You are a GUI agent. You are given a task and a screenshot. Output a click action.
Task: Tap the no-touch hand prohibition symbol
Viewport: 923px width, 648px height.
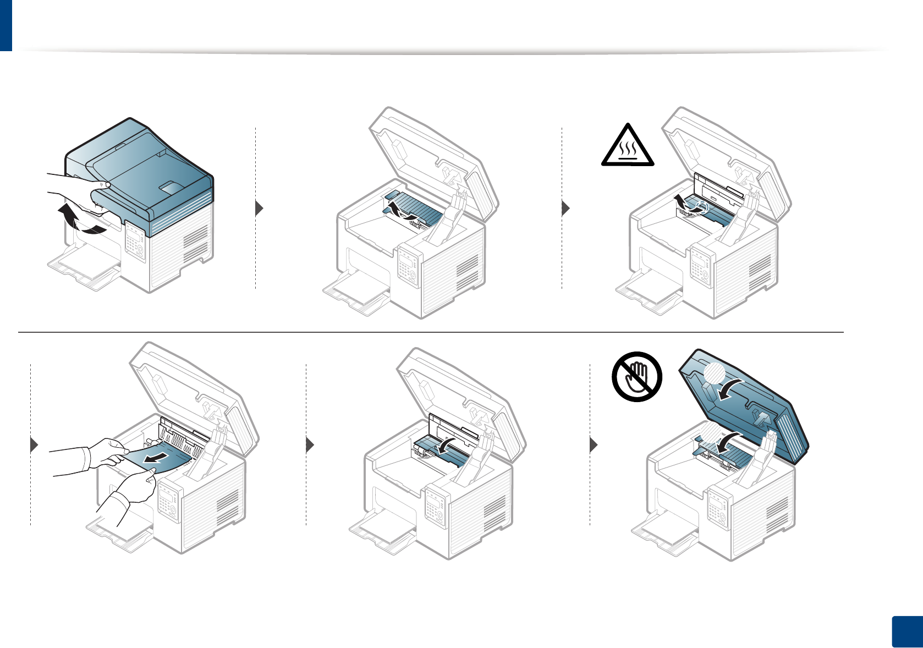(637, 376)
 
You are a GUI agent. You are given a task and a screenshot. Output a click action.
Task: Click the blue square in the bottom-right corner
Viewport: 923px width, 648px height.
(905, 632)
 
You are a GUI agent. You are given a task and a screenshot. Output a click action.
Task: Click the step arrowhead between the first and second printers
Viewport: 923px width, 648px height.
(260, 208)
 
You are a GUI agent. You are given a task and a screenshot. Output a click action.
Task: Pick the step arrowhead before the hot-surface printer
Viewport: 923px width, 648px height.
(565, 208)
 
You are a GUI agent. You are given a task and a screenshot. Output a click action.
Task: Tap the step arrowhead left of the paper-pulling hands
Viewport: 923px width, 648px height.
(34, 444)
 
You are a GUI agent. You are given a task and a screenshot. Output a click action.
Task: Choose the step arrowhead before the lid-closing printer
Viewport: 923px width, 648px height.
(594, 444)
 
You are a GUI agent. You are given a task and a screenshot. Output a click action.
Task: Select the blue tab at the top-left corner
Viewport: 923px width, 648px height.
(6, 25)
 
